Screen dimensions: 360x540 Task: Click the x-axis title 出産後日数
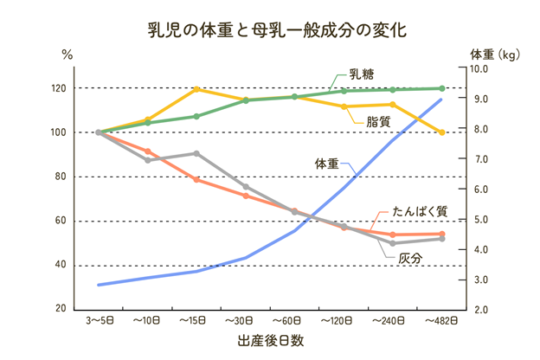pyautogui.click(x=270, y=340)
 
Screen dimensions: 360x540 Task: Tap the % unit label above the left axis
pyautogui.click(x=67, y=54)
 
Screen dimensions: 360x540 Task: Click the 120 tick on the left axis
pyautogui.click(x=59, y=89)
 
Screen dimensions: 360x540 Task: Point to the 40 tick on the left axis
pyautogui.click(x=61, y=265)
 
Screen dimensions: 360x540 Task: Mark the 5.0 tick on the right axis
pyautogui.click(x=482, y=220)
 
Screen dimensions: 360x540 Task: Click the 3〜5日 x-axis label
pyautogui.click(x=99, y=320)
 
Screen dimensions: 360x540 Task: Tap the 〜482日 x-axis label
pyautogui.click(x=441, y=320)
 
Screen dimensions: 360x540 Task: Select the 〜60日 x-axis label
pyautogui.click(x=295, y=320)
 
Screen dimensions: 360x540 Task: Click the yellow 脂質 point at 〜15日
pyautogui.click(x=197, y=89)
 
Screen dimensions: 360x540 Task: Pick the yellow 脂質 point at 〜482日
pyautogui.click(x=441, y=132)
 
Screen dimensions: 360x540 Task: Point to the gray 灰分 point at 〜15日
pyautogui.click(x=197, y=153)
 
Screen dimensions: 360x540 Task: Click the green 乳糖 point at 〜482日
pyautogui.click(x=441, y=88)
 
